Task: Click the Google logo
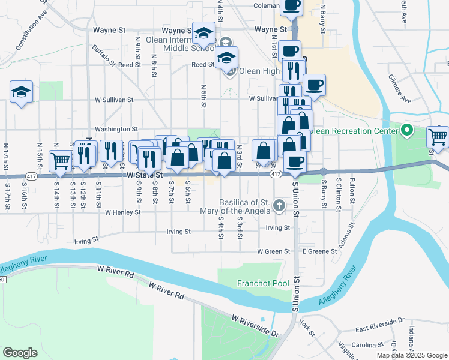(20, 353)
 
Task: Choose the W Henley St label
(122, 212)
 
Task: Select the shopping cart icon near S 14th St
(60, 160)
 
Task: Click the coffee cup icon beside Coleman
(291, 5)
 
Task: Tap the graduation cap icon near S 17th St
(21, 92)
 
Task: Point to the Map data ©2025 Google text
(411, 355)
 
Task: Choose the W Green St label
(274, 251)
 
